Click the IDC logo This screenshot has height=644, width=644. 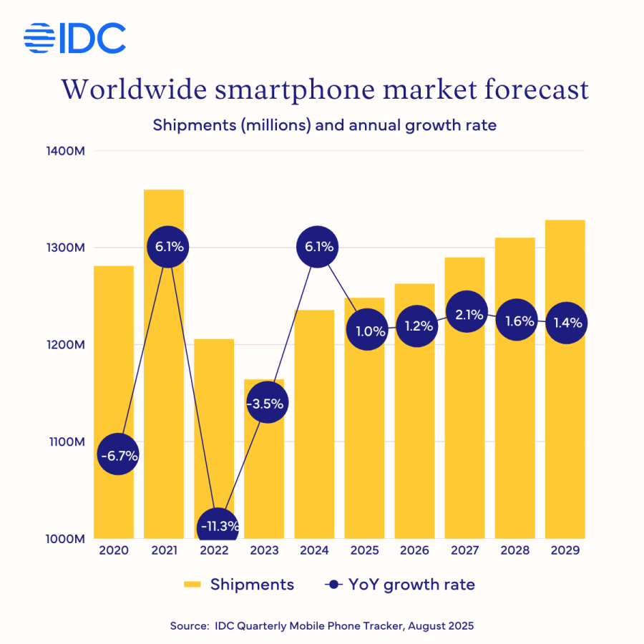click(x=74, y=39)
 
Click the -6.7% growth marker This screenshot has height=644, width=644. click(x=118, y=454)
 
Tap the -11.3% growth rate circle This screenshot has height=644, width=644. click(x=218, y=527)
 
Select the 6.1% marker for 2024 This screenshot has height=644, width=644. click(x=318, y=247)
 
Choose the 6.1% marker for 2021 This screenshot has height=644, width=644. click(x=168, y=247)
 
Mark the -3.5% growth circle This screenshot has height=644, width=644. click(x=268, y=403)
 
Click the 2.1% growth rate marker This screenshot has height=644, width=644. click(x=468, y=313)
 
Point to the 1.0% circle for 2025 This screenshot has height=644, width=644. click(x=368, y=331)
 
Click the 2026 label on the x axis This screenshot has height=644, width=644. click(x=415, y=551)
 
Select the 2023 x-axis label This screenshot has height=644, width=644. click(x=265, y=551)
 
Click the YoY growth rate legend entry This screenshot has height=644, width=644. click(x=400, y=585)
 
